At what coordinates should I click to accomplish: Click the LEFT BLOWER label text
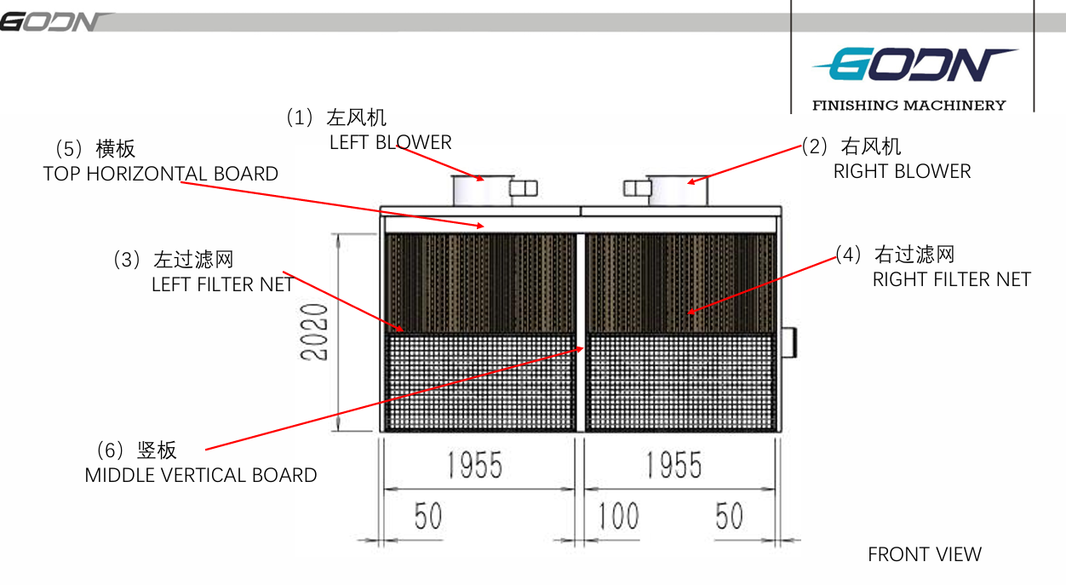390,142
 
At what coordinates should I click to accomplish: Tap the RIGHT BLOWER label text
902,171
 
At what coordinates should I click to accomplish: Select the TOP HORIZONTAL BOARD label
160,174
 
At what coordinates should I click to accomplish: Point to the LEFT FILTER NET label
222,284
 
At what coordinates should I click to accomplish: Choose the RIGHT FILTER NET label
952,279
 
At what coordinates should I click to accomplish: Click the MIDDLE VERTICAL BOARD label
201,475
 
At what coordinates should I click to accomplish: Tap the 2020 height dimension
314,332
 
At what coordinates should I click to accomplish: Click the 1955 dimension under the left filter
474,465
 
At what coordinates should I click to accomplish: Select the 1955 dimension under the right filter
673,465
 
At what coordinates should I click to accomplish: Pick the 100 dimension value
617,516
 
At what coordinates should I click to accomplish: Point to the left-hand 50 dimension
427,516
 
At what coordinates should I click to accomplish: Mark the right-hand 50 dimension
729,516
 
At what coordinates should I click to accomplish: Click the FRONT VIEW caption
925,554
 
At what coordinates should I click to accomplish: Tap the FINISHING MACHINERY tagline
909,106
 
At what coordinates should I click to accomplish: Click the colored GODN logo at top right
914,64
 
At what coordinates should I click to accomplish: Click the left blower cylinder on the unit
483,191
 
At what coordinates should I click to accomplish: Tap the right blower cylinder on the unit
678,191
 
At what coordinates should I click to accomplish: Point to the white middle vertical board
581,332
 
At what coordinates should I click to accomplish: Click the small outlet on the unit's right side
788,342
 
